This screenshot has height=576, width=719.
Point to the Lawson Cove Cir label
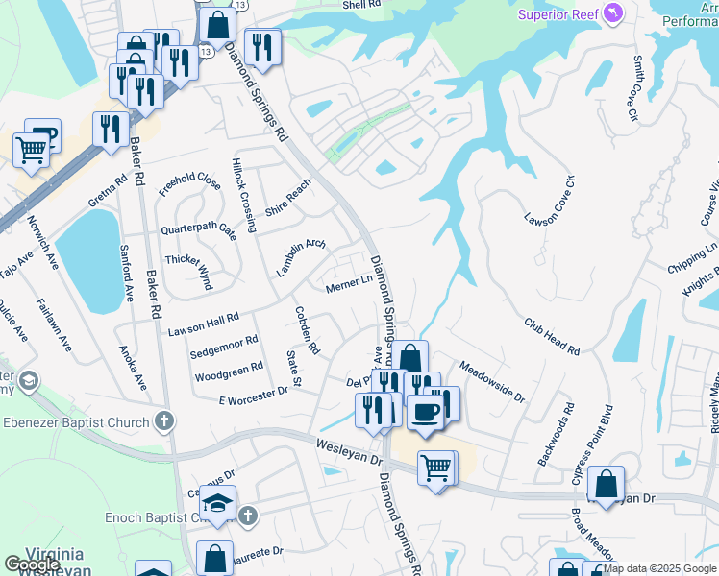click(549, 201)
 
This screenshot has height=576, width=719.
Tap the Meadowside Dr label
click(491, 381)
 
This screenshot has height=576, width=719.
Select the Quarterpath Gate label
click(198, 230)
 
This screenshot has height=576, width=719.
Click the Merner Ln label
click(349, 285)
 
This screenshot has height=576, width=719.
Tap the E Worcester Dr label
click(254, 395)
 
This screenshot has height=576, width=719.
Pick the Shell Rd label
click(362, 5)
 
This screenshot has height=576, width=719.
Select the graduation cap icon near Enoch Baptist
click(218, 504)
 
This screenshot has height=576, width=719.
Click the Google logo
click(31, 564)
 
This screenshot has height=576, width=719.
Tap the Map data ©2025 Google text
click(659, 568)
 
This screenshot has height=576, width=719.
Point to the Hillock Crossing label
click(242, 196)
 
